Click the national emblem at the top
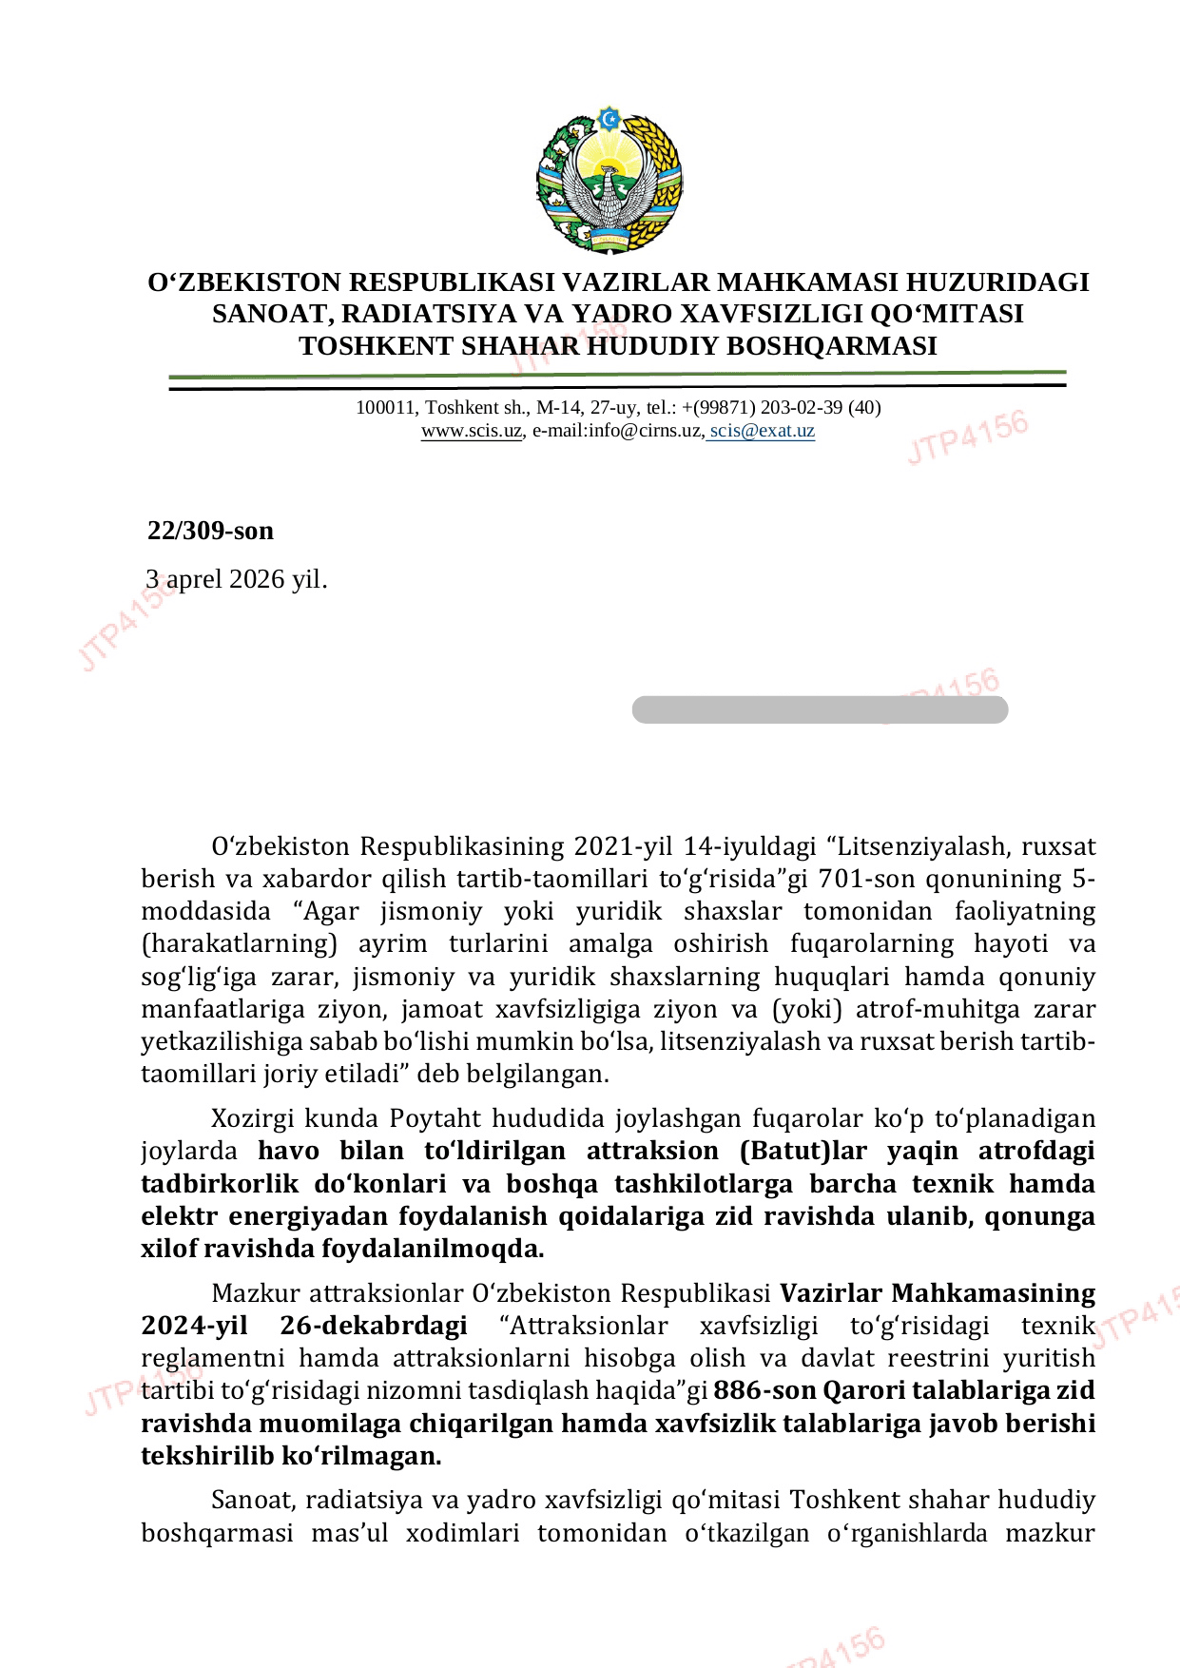pyautogui.click(x=609, y=182)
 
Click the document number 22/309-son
pyautogui.click(x=210, y=531)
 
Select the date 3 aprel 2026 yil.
pyautogui.click(x=236, y=579)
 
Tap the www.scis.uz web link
pyautogui.click(x=472, y=431)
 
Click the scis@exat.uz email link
pyautogui.click(x=762, y=431)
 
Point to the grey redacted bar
pyautogui.click(x=820, y=709)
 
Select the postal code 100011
pyautogui.click(x=385, y=408)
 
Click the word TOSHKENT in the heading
pyautogui.click(x=377, y=346)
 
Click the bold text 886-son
pyautogui.click(x=764, y=1390)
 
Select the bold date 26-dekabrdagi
pyautogui.click(x=374, y=1326)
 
